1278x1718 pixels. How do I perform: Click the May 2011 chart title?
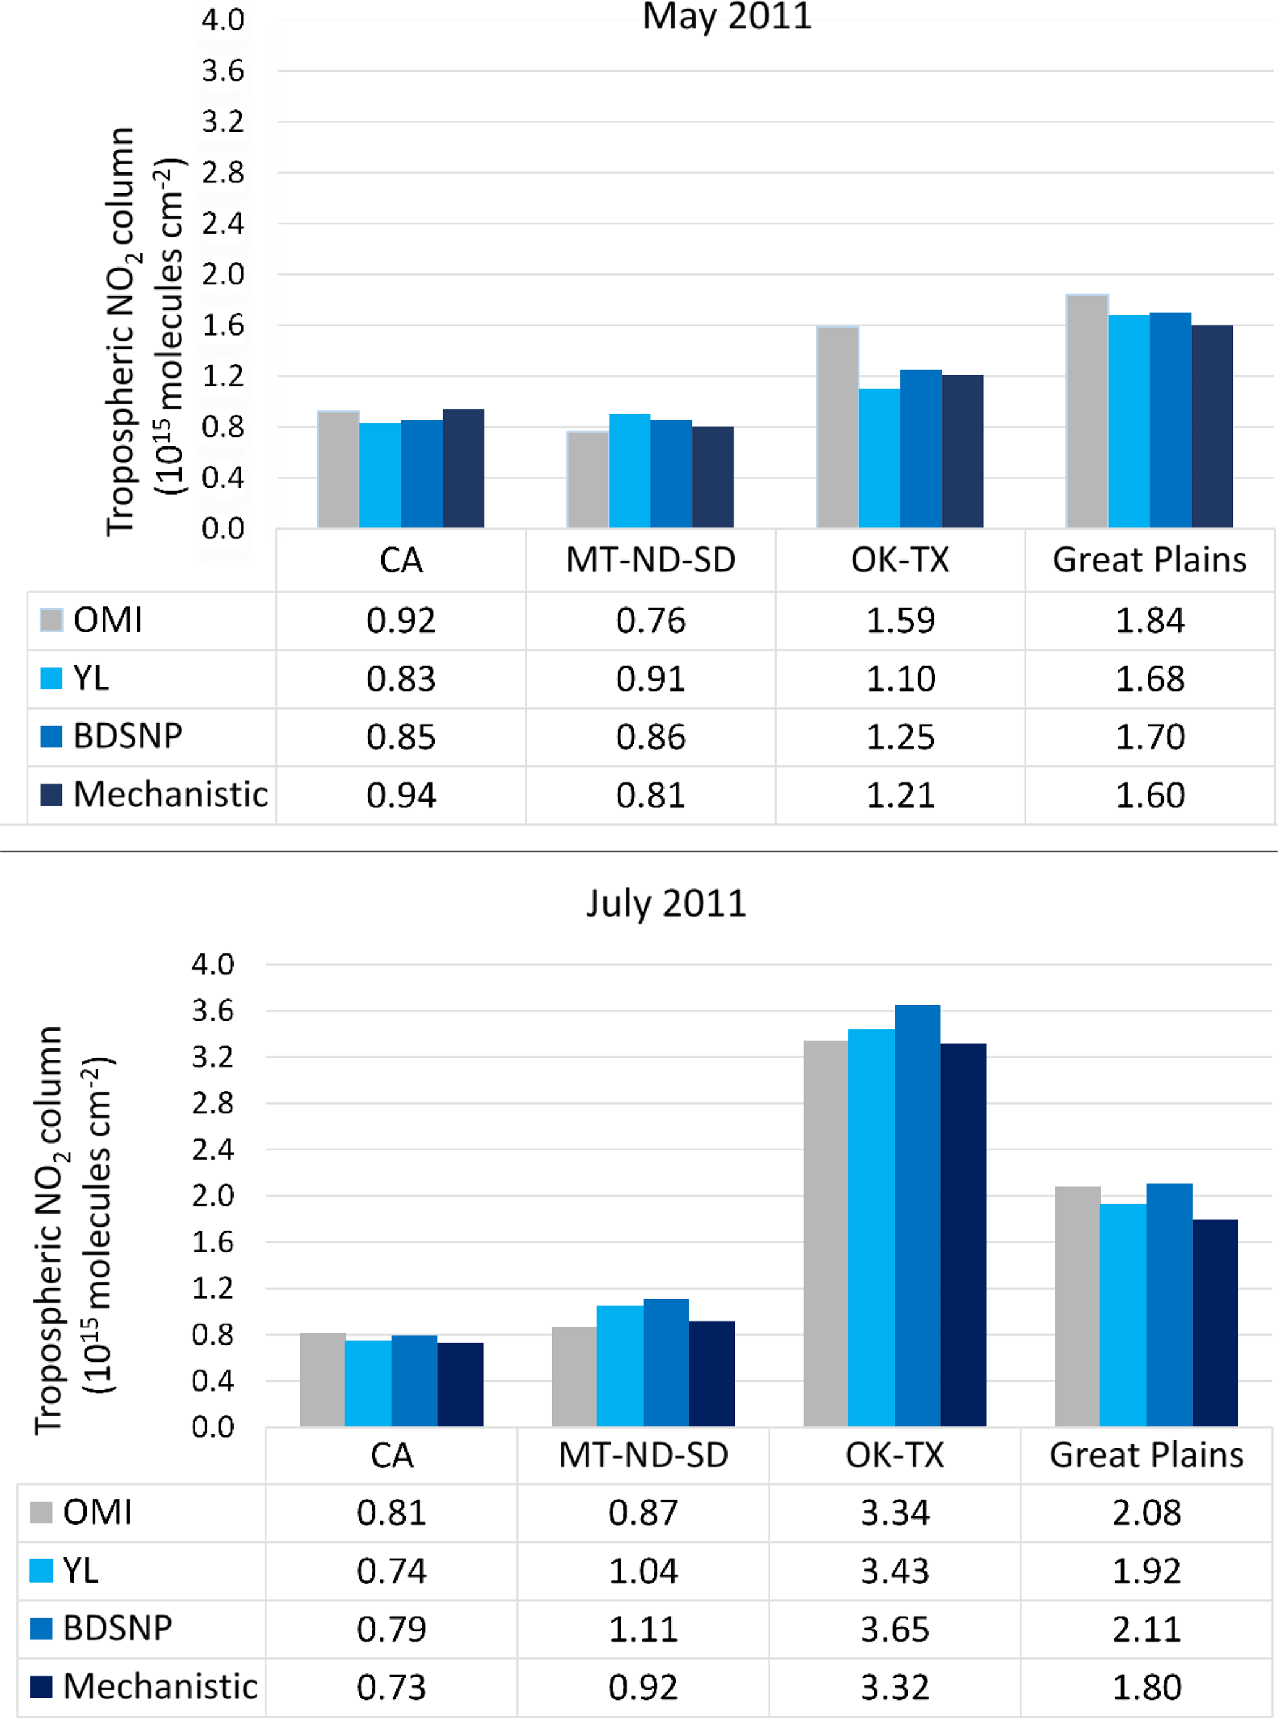[x=727, y=17]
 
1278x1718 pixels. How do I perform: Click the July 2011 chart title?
[x=666, y=903]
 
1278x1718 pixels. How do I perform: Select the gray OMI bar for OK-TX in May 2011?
[x=838, y=427]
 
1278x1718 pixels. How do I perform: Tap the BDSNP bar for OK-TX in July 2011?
[x=918, y=1214]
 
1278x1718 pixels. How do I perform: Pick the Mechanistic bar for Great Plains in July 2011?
[x=1216, y=1323]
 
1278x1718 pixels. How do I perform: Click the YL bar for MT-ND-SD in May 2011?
[x=629, y=470]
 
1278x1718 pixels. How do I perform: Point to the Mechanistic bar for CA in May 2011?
[x=463, y=468]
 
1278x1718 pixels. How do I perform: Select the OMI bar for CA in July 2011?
[x=323, y=1379]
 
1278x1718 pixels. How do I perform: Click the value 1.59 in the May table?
[x=900, y=620]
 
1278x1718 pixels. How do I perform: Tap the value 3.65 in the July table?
[x=895, y=1629]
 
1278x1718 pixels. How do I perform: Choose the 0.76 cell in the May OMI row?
[x=650, y=620]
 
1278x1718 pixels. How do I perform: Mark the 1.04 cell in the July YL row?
[x=643, y=1571]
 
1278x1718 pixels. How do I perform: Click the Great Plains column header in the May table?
[x=1149, y=560]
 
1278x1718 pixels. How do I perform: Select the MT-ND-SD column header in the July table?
[x=644, y=1455]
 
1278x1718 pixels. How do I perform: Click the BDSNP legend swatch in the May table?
[x=51, y=736]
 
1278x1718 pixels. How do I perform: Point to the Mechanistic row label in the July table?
[x=160, y=1686]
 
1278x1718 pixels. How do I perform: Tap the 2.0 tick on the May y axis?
[x=223, y=274]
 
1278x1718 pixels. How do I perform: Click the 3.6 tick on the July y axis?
[x=213, y=1010]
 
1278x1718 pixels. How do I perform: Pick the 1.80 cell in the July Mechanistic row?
[x=1146, y=1687]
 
